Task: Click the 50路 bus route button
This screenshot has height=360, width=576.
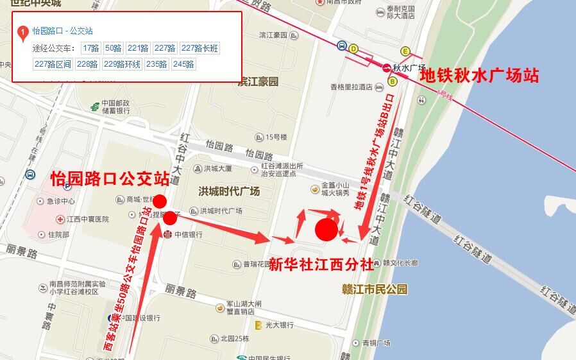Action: pos(113,48)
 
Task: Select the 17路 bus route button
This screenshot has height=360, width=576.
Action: pos(91,48)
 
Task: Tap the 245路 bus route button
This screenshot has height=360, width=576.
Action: pos(183,64)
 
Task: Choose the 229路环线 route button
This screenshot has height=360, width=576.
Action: pos(122,64)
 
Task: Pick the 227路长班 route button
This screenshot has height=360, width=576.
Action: pos(200,48)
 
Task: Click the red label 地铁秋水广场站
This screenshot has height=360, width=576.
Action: pos(479,76)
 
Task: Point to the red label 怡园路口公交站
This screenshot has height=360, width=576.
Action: pos(110,179)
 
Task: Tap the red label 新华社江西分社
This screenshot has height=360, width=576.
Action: pos(320,263)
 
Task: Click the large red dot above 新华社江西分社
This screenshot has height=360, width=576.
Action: pos(326,230)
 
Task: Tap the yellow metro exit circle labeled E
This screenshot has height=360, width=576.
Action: pos(405,51)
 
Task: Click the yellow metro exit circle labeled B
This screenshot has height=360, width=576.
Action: pos(392,81)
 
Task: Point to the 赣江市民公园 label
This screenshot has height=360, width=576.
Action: pos(375,289)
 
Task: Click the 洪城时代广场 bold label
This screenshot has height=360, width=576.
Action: pos(229,192)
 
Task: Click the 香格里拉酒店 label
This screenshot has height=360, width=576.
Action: pos(352,87)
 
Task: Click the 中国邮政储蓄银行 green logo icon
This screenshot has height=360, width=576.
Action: pos(94,106)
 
